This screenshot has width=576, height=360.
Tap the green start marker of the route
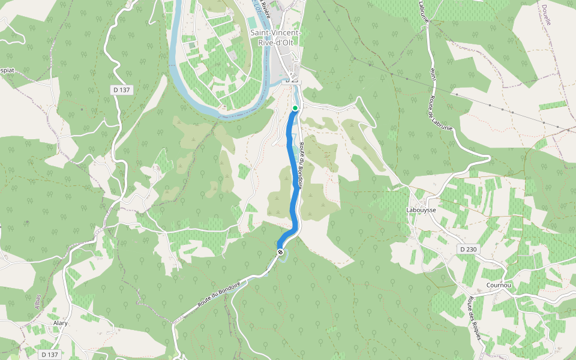click(x=295, y=108)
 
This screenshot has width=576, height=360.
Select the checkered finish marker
click(x=280, y=252)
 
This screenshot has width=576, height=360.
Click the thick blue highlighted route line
click(x=294, y=180)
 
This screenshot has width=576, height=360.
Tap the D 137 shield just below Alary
click(x=49, y=355)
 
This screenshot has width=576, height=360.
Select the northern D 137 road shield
click(x=121, y=90)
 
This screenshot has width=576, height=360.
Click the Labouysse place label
click(x=421, y=210)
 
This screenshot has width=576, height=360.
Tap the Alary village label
click(x=61, y=323)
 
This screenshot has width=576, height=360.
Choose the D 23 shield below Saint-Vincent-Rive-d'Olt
click(x=292, y=80)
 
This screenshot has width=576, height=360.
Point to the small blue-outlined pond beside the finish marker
click(x=284, y=257)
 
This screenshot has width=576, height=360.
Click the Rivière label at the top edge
click(x=266, y=7)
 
